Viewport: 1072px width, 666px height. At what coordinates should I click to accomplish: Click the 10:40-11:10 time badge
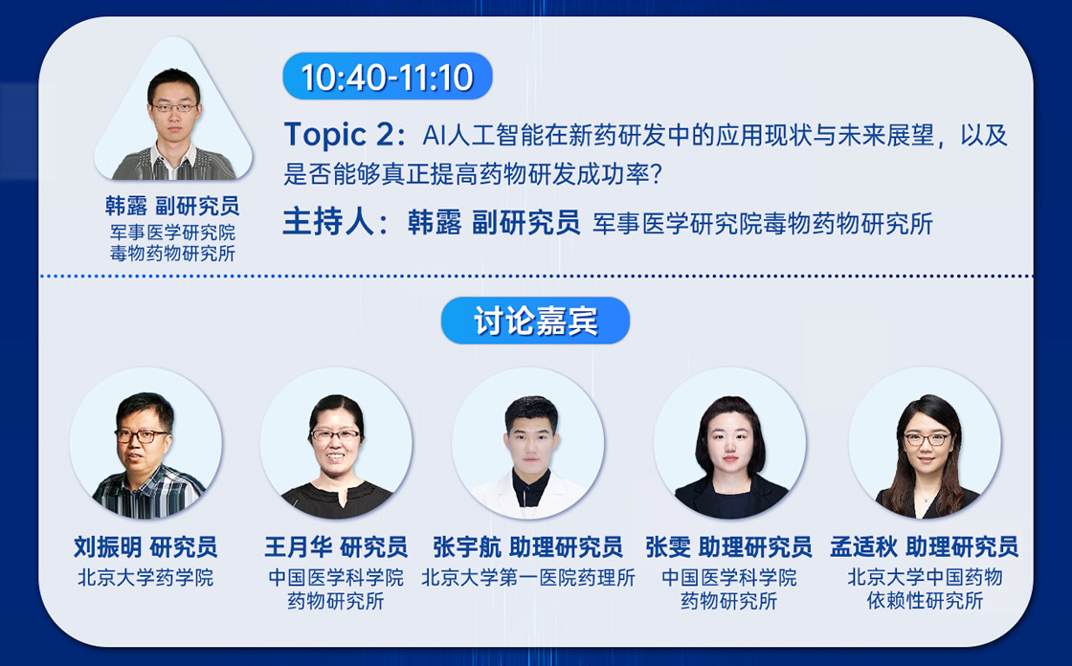tap(388, 77)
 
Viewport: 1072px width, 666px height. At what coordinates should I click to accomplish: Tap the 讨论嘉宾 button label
tap(535, 321)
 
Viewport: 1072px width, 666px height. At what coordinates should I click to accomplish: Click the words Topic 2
tap(339, 135)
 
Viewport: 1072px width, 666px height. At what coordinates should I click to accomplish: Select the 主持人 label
tap(328, 223)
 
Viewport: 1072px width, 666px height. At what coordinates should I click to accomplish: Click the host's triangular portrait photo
tap(173, 113)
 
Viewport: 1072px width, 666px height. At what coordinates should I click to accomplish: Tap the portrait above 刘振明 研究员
tap(145, 443)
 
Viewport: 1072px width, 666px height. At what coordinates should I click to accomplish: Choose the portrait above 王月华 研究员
tap(336, 443)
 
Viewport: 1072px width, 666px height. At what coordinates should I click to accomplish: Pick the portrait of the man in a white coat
tap(527, 443)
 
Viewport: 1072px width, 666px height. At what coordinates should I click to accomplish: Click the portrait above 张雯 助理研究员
tap(729, 443)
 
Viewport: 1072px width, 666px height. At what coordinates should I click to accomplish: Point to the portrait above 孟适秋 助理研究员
tap(925, 443)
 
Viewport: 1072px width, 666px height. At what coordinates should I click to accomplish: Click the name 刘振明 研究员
tap(145, 547)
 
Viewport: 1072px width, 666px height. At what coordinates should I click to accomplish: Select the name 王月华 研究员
tap(336, 547)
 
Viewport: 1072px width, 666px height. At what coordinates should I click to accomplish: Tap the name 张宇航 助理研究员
tap(527, 547)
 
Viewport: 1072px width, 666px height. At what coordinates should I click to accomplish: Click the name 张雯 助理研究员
tap(729, 547)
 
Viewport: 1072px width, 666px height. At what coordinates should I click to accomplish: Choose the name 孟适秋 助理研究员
tap(925, 547)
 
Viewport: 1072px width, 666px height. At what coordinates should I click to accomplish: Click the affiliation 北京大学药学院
tap(145, 578)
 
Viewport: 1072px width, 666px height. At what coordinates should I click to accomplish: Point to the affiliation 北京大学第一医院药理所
tap(527, 578)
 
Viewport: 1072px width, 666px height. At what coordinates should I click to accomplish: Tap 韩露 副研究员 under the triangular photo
tap(172, 206)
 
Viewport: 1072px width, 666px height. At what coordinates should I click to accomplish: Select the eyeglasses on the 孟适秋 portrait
tap(927, 439)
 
